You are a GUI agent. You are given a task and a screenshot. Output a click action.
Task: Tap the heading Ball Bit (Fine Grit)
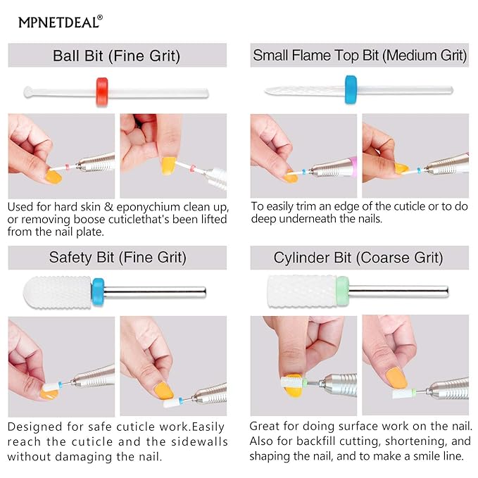116,56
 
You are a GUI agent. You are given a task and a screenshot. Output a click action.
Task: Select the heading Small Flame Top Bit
360,56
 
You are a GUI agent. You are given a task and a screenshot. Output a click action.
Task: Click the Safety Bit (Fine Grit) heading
118,258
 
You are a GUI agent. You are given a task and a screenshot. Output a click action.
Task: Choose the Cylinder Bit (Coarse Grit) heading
358,258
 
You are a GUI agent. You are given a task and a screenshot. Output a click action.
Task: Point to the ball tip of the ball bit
27,91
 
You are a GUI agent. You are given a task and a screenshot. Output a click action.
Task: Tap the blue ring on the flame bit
350,90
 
